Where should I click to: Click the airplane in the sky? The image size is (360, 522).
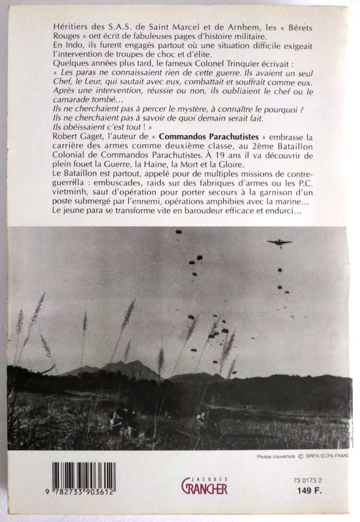point(279,243)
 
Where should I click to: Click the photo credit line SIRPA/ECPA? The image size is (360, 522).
point(327,456)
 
